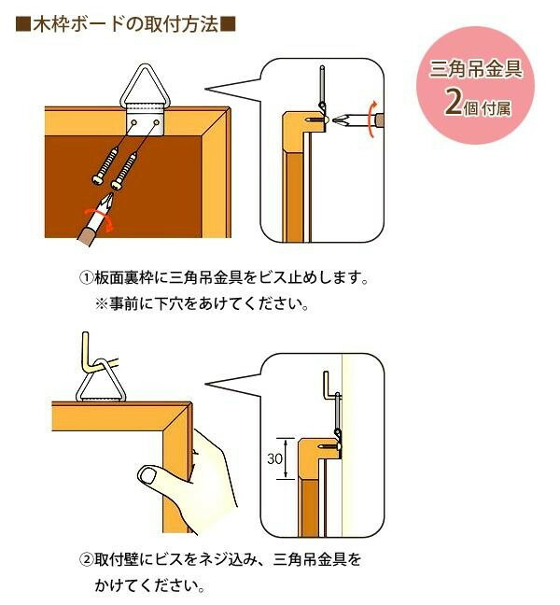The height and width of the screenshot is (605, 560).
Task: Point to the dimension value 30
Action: (x=275, y=459)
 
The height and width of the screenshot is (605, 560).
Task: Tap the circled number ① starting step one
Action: (x=85, y=279)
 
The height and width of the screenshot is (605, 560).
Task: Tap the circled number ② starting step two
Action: (x=85, y=561)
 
